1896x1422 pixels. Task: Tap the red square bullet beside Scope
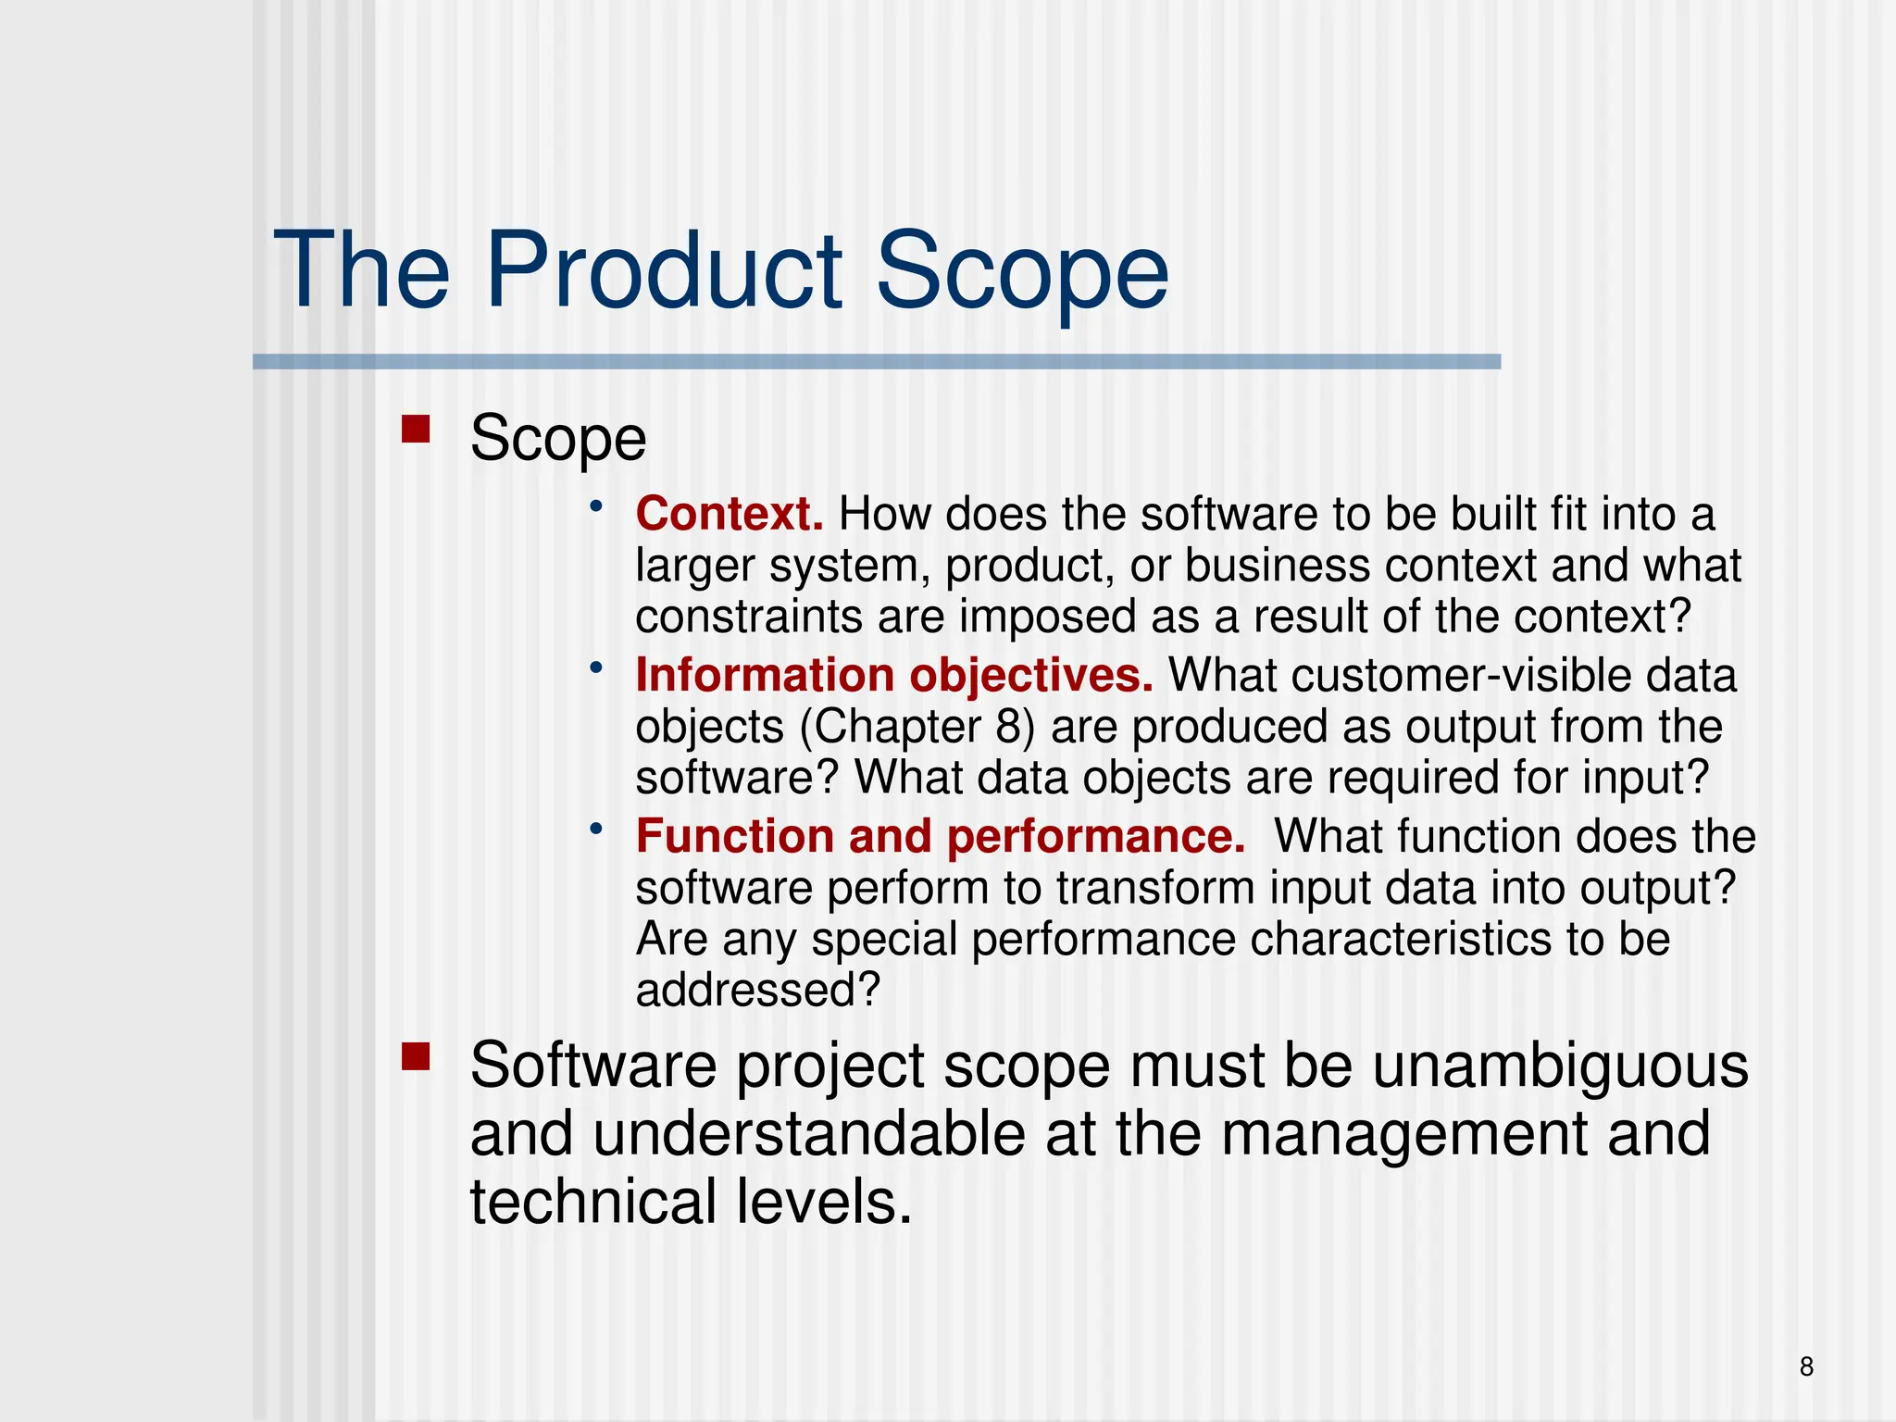416,430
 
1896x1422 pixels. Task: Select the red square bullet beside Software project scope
416,1056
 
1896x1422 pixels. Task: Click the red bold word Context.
729,514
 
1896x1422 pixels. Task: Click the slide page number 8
1806,1366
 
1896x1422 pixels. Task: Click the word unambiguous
1560,1066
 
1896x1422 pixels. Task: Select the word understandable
808,1134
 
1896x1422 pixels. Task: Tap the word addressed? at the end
757,990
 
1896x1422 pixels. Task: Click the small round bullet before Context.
597,505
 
